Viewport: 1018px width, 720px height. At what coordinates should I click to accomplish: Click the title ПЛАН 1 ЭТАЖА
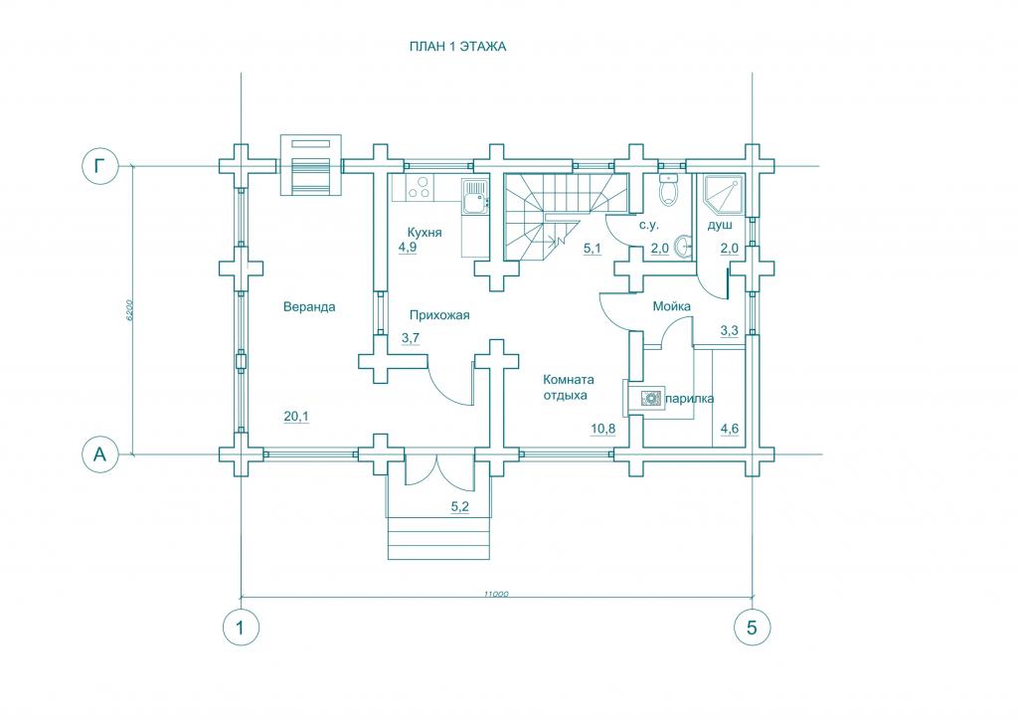[x=458, y=46]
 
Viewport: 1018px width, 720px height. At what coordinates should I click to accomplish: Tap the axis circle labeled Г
[x=98, y=166]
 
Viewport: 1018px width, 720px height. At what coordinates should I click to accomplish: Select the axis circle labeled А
[x=98, y=454]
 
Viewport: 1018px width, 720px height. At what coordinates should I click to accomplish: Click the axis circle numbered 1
[x=240, y=628]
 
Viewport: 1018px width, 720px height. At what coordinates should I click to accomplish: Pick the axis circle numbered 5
[x=752, y=628]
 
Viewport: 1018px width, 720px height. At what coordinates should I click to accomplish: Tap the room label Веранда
[x=308, y=307]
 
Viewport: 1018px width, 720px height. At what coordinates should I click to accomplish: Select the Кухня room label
[x=424, y=232]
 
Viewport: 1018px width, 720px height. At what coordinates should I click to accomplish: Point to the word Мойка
[x=671, y=306]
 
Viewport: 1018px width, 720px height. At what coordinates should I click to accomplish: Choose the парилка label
[x=689, y=399]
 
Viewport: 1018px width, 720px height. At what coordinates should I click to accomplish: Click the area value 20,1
[x=295, y=417]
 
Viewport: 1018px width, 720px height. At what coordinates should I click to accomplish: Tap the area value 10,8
[x=603, y=429]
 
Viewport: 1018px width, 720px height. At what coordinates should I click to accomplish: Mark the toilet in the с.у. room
[x=668, y=189]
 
